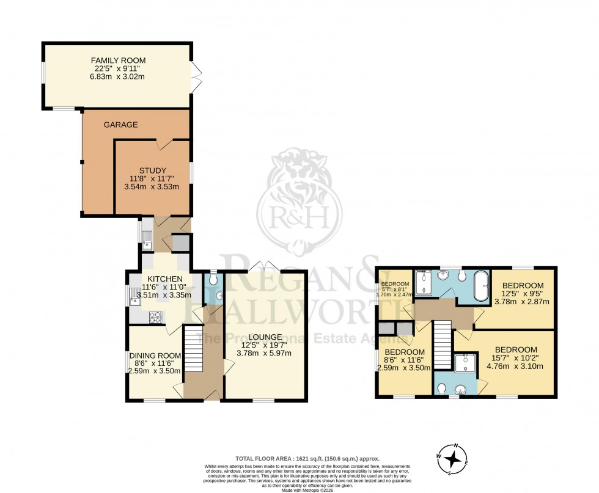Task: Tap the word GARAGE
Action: point(120,125)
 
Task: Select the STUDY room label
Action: point(152,170)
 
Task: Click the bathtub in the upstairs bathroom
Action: point(481,286)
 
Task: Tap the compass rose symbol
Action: point(453,458)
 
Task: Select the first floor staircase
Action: point(443,343)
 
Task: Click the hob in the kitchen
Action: point(155,316)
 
